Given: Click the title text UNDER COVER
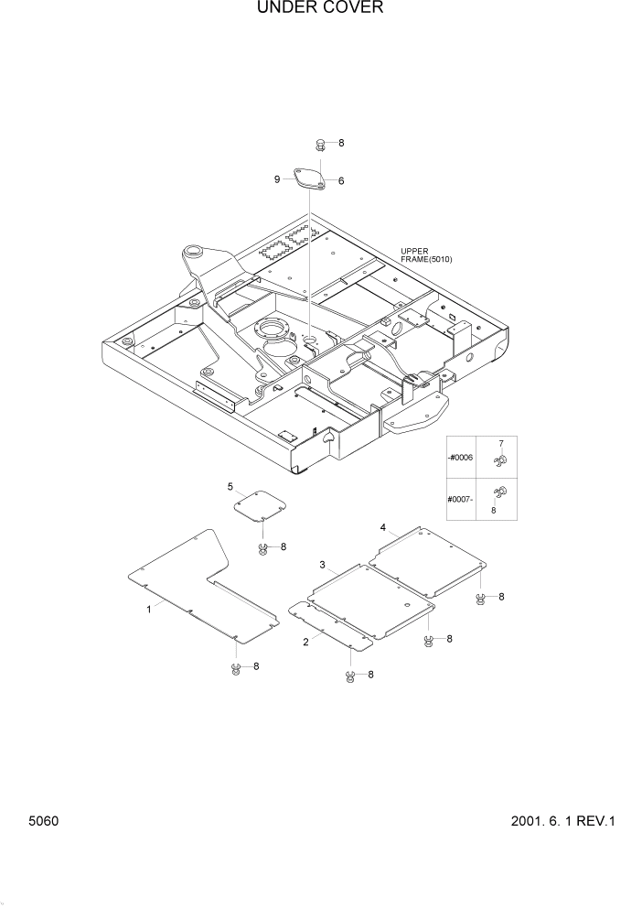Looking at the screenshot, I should point(320,8).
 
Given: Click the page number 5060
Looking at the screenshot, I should point(42,821).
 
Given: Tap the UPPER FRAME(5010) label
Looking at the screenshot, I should point(426,255).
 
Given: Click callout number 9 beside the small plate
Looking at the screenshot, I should point(277,180).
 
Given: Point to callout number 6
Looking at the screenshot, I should point(340,181).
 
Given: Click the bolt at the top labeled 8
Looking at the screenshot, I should point(321,144).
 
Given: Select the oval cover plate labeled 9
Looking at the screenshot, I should point(308,178).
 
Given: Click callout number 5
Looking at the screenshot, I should point(230,486).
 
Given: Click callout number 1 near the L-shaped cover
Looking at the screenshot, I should point(149,609).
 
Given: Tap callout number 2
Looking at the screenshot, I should point(305,641).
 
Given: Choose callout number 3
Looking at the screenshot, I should point(322,565).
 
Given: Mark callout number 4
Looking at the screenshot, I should point(383,528).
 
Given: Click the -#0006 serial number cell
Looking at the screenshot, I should point(460,458).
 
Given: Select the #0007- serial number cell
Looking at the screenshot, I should point(460,499).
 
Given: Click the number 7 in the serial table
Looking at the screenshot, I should point(500,444).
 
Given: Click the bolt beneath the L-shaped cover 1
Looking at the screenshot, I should point(235,667).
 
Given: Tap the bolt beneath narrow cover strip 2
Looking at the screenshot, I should point(350,676).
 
